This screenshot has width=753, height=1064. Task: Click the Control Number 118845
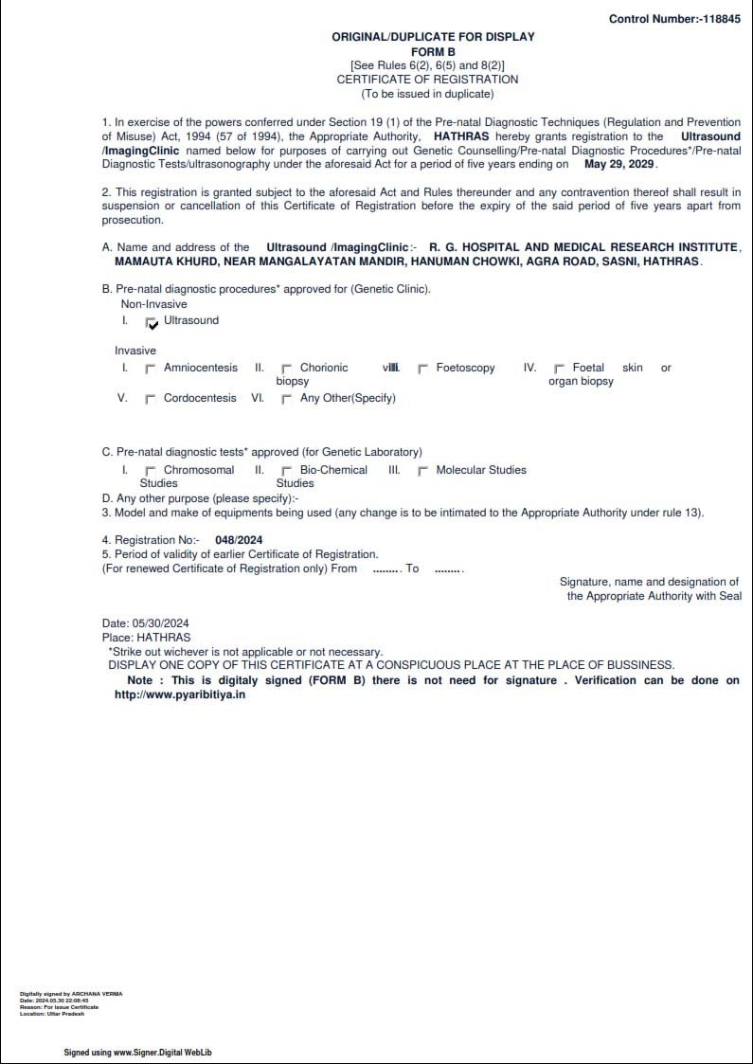click(x=674, y=19)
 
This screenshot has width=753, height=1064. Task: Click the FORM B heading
click(x=433, y=51)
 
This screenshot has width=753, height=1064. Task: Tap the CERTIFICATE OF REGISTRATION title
click(x=427, y=80)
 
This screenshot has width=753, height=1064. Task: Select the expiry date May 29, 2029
click(x=619, y=164)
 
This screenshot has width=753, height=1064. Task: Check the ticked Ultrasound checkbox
click(x=152, y=322)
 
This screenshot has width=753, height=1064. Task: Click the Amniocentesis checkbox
click(x=151, y=369)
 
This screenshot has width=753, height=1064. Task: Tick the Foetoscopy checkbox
click(x=423, y=369)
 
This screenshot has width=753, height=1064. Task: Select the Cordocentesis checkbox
click(x=151, y=399)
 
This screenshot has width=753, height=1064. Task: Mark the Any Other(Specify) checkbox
click(x=287, y=399)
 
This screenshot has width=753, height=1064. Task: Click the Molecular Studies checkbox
click(x=423, y=471)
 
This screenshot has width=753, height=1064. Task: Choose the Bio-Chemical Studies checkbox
click(x=287, y=471)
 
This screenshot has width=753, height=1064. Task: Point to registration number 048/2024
click(x=239, y=540)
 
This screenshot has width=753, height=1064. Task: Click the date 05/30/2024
click(x=160, y=622)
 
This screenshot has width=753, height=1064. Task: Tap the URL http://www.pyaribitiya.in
click(x=180, y=694)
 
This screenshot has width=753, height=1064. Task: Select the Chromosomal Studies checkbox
click(x=151, y=471)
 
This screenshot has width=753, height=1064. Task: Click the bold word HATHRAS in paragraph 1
click(x=461, y=136)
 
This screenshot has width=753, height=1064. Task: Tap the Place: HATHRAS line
click(x=146, y=638)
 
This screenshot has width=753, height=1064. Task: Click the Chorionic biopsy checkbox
click(x=287, y=369)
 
